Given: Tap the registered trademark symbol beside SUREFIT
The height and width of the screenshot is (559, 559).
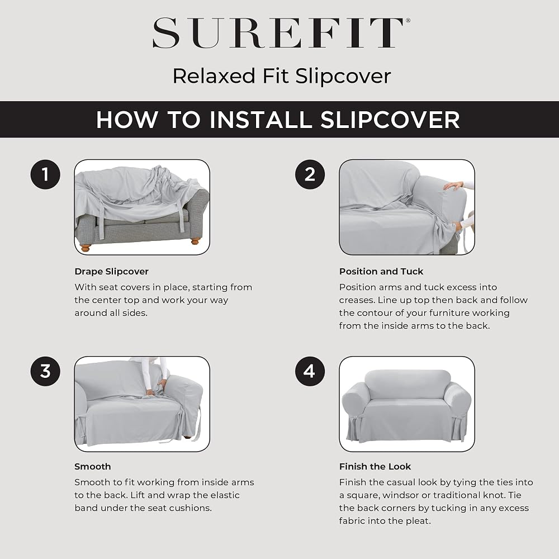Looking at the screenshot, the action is coord(408,21).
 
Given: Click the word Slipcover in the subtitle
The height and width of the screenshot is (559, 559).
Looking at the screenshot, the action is coord(343,76).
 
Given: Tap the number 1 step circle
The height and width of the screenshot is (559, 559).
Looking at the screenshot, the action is coord(45,174).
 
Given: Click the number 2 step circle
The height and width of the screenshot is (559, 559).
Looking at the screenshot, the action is coord(310,174).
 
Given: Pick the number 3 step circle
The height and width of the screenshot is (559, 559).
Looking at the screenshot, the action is coord(45,371).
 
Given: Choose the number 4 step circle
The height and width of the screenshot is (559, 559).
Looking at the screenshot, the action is coord(310,371).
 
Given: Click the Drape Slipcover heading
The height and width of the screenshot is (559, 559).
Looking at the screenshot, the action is coord(112,272).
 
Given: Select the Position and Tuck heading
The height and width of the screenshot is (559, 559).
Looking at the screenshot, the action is coord(381,272).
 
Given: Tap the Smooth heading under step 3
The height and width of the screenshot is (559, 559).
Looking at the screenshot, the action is coord(93,467).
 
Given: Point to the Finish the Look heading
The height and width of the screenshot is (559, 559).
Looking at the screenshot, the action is coord(375,467).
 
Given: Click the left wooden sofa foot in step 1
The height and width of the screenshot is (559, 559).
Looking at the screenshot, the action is coord(86,248).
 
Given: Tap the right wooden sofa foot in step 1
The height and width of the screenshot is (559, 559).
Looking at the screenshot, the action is coord(195,241).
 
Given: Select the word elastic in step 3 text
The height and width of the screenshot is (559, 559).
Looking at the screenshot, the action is coord(225,495).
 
